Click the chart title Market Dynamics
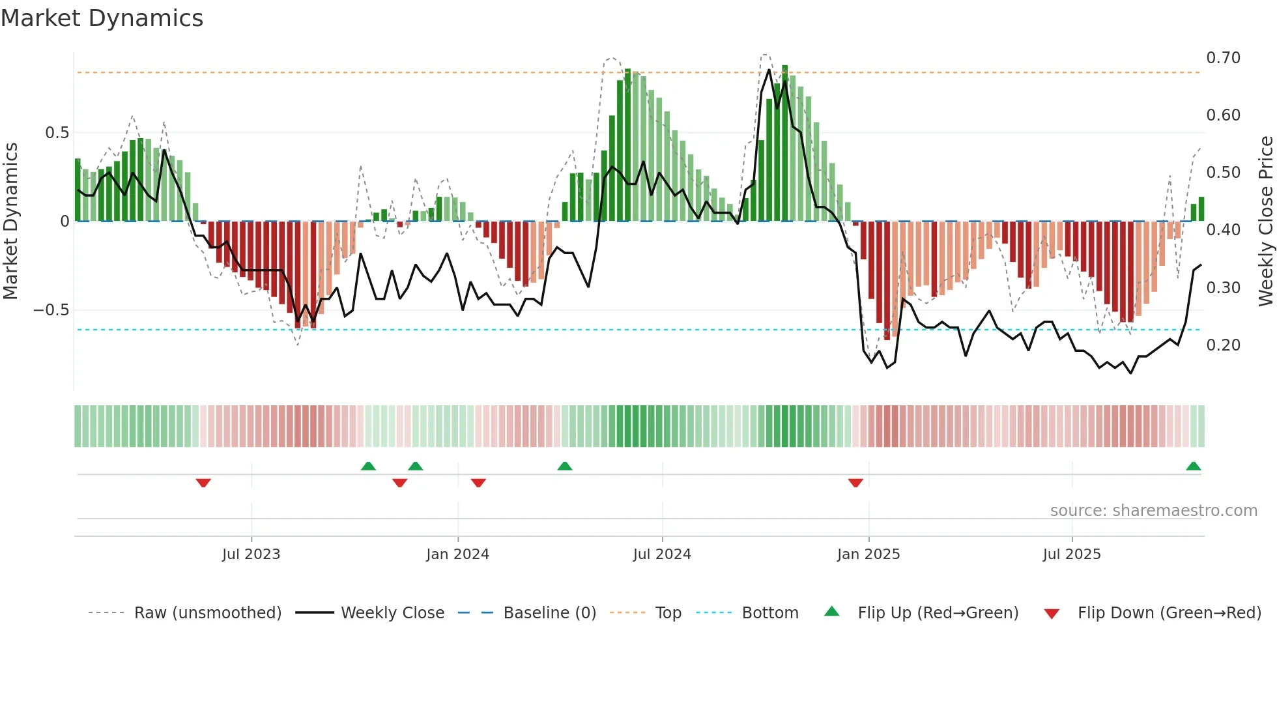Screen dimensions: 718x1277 click(102, 18)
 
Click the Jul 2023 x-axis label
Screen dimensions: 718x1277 click(251, 554)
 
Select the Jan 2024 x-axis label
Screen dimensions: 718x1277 click(457, 554)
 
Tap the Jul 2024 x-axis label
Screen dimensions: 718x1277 click(662, 554)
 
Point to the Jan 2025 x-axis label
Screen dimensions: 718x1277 click(868, 554)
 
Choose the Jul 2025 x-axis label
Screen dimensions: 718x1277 click(1072, 554)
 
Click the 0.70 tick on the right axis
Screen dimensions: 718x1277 click(1223, 58)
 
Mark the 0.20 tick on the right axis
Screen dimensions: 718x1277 click(1223, 345)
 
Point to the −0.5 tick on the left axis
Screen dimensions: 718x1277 click(51, 310)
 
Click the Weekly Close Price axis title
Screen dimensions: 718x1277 click(1265, 222)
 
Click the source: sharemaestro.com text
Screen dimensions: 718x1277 click(1153, 511)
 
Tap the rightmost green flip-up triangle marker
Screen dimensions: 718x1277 click(1193, 467)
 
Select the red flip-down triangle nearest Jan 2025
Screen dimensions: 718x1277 click(855, 483)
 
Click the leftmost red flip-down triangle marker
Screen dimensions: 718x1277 click(203, 483)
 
